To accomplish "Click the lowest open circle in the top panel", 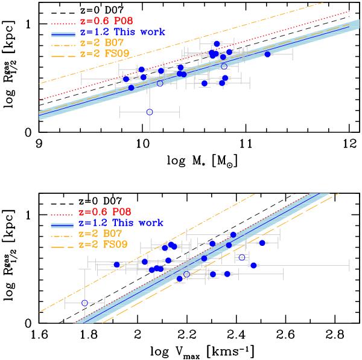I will pos(150,112).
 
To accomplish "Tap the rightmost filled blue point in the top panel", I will pos(267,54).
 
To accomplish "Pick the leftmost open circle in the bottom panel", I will pos(84,303).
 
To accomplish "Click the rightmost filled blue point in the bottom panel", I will pos(262,243).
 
